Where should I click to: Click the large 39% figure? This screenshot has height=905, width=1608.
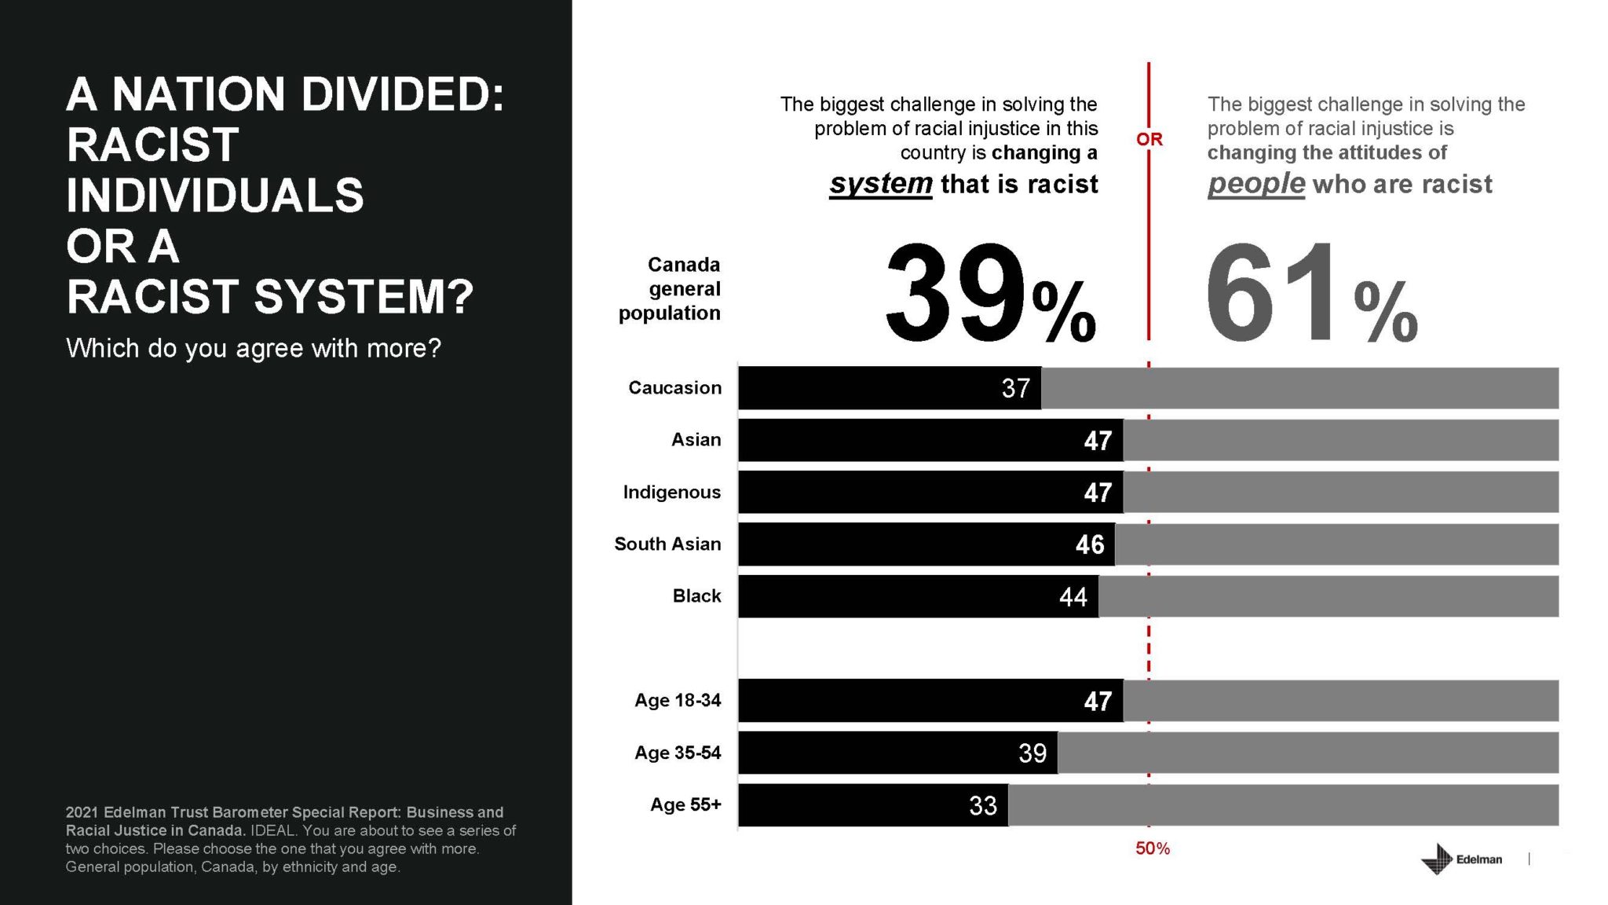(x=989, y=295)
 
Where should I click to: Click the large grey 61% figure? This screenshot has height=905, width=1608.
(x=1310, y=295)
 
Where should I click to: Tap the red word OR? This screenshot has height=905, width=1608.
(x=1149, y=140)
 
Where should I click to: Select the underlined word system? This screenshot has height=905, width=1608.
(x=880, y=184)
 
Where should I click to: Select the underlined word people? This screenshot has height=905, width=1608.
(x=1255, y=184)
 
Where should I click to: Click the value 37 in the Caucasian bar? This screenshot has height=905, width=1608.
(x=1015, y=388)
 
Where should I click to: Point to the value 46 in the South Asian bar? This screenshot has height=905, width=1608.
(x=1089, y=544)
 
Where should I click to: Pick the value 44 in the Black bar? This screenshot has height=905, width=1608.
(x=1073, y=597)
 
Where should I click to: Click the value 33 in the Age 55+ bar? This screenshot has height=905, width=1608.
(x=982, y=806)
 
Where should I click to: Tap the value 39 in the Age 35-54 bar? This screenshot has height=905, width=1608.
(x=1032, y=753)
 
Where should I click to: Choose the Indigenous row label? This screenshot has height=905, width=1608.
(x=671, y=493)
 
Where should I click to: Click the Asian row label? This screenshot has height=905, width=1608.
(x=696, y=440)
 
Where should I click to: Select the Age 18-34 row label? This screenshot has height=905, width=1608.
(x=677, y=701)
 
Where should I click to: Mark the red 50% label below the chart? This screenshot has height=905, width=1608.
(x=1152, y=849)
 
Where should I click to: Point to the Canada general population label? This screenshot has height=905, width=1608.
(x=670, y=289)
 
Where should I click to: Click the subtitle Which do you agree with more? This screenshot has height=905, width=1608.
(x=253, y=348)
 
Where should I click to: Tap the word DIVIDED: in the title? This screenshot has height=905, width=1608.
(x=402, y=94)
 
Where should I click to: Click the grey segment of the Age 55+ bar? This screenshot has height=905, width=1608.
(x=1283, y=806)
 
